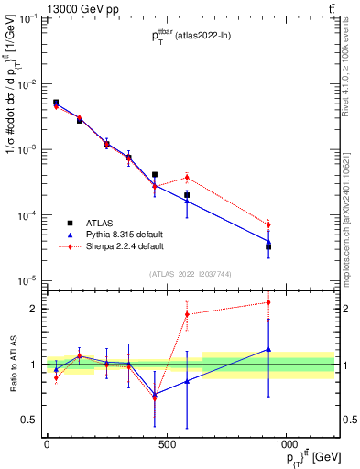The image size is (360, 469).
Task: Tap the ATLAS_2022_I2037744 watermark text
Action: pyautogui.click(x=190, y=273)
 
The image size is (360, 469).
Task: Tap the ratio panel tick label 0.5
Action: pyautogui.click(x=31, y=420)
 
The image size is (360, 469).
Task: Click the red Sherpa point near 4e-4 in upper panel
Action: pyautogui.click(x=187, y=178)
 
